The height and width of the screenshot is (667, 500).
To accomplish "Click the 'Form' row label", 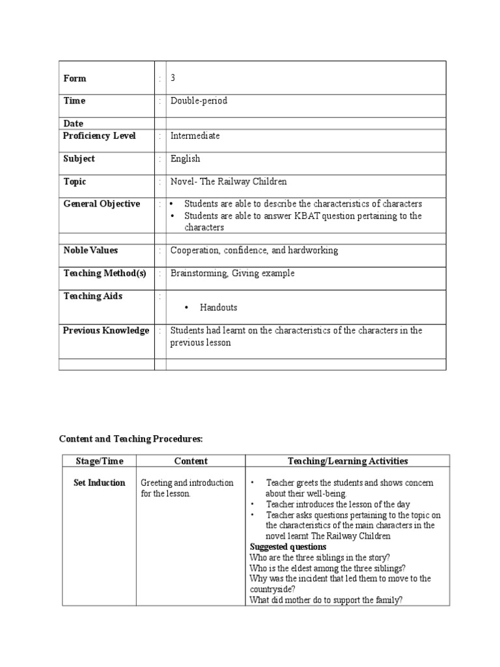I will click(74, 78).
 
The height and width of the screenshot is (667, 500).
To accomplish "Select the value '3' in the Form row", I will click(173, 78).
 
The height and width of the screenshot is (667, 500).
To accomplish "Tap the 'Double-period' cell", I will click(199, 101).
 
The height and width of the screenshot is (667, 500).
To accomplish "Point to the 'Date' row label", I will click(73, 123).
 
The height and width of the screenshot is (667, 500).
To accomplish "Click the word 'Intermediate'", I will click(195, 136).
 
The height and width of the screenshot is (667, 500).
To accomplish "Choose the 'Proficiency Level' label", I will click(99, 136).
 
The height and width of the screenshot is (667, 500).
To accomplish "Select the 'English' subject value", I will click(185, 159).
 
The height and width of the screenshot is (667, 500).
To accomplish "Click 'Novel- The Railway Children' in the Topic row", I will click(228, 182).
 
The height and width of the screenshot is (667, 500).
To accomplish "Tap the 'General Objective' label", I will click(101, 204).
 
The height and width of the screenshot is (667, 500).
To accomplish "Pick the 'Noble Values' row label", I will click(90, 250).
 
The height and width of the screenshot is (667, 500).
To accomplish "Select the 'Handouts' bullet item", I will click(218, 307).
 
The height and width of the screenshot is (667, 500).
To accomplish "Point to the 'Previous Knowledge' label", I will click(105, 330).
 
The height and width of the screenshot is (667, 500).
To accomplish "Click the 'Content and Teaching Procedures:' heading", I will click(135, 440).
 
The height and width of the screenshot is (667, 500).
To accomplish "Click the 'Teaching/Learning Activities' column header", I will click(348, 461).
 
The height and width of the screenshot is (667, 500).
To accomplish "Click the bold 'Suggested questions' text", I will click(288, 546).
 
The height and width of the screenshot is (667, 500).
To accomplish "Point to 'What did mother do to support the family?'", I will click(326, 599).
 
